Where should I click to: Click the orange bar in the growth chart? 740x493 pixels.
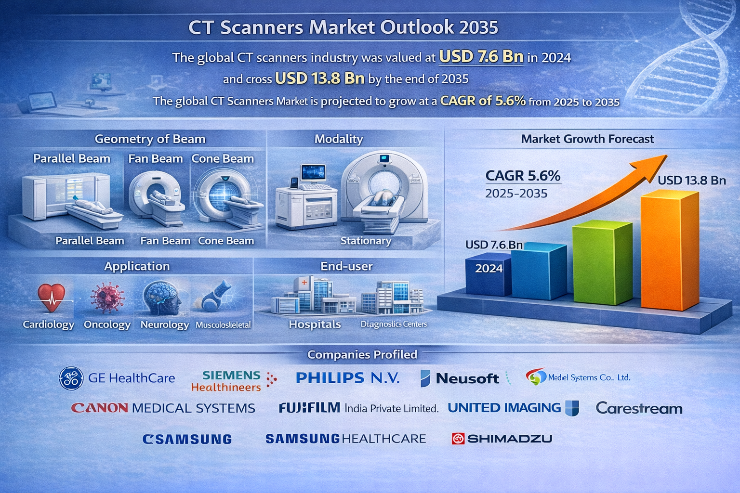tap(670, 251)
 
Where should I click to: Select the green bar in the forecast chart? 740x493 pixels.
tap(602, 262)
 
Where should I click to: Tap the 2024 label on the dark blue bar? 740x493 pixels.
tap(489, 269)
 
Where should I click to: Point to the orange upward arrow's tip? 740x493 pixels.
tap(667, 155)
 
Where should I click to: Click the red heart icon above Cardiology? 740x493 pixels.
tap(51, 298)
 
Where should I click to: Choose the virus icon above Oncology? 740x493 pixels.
tap(107, 297)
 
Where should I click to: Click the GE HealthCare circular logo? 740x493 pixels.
tap(71, 378)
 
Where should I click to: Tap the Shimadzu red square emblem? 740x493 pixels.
tap(458, 439)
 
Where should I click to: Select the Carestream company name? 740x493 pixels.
tap(639, 408)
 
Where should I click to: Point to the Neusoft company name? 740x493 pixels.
tap(467, 378)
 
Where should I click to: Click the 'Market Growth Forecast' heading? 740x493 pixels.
tap(587, 139)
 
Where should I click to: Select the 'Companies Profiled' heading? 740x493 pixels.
tap(362, 355)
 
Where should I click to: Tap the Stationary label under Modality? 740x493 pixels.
tap(366, 241)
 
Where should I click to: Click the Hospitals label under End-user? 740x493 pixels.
tap(315, 324)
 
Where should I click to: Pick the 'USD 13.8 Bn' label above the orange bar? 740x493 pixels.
tap(692, 180)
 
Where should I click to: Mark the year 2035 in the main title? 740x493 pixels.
tap(478, 27)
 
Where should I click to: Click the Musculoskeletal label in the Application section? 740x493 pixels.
tap(224, 325)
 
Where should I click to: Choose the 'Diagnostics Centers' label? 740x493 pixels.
tap(394, 324)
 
